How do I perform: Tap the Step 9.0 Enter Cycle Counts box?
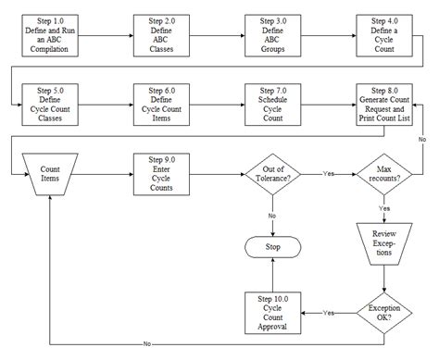pos(162,173)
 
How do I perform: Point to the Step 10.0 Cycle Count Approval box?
pos(274,313)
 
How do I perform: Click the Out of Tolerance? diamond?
pos(274,173)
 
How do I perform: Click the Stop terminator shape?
pos(274,248)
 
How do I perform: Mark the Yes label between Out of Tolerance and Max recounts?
pos(329,173)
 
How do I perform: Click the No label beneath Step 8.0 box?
pos(421,138)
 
